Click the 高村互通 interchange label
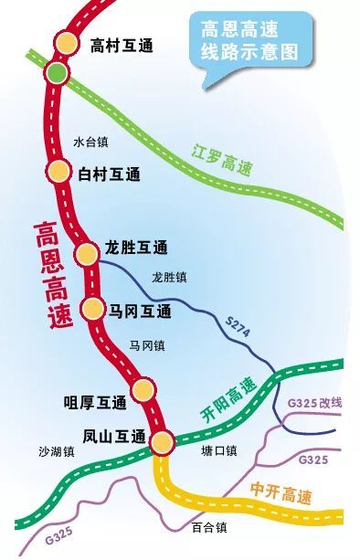122,45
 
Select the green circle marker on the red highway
57,73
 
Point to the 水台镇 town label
91,143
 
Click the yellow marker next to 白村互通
58,171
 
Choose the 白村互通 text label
110,174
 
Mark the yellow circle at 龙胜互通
87,253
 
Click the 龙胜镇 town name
170,276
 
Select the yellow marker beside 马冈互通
93,309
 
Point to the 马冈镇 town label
146,345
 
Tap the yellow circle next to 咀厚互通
142,391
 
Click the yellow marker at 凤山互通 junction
162,443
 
